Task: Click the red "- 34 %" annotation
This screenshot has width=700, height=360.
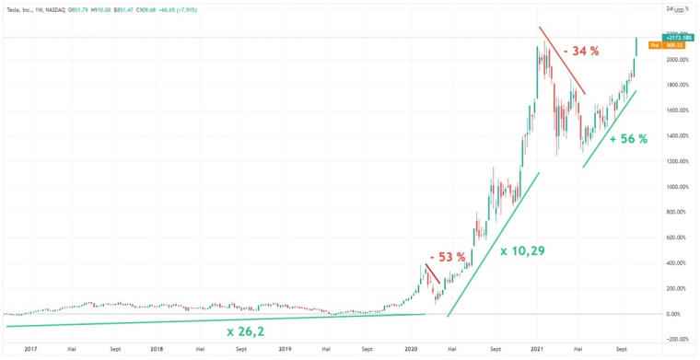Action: (x=584, y=51)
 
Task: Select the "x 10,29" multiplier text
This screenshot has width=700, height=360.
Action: (x=523, y=250)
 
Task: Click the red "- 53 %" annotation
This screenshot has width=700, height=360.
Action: (x=447, y=257)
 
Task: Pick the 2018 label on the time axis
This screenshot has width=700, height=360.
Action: (x=157, y=350)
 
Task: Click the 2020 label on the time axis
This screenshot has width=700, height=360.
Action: (x=411, y=350)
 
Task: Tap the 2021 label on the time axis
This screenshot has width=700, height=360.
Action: (x=537, y=350)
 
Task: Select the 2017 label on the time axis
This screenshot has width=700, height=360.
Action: (x=29, y=350)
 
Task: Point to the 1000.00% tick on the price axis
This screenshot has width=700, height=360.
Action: (x=679, y=187)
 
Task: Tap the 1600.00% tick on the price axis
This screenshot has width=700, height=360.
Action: (x=679, y=110)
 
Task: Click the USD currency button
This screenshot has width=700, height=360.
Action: (x=681, y=9)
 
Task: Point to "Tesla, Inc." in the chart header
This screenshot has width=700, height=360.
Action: (x=23, y=9)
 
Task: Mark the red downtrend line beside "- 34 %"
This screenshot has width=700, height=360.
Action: (x=562, y=67)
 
